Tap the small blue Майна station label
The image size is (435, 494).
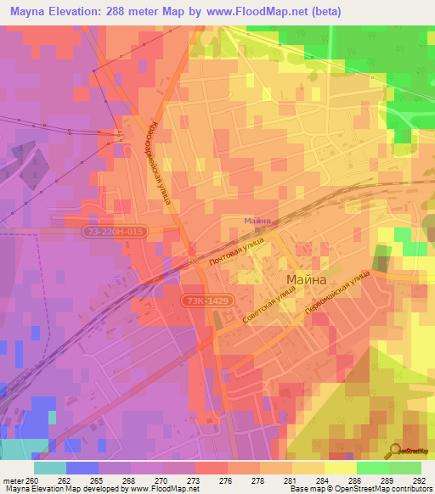[257, 221]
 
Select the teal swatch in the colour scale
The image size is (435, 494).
[50, 468]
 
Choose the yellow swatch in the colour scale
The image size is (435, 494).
[341, 468]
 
